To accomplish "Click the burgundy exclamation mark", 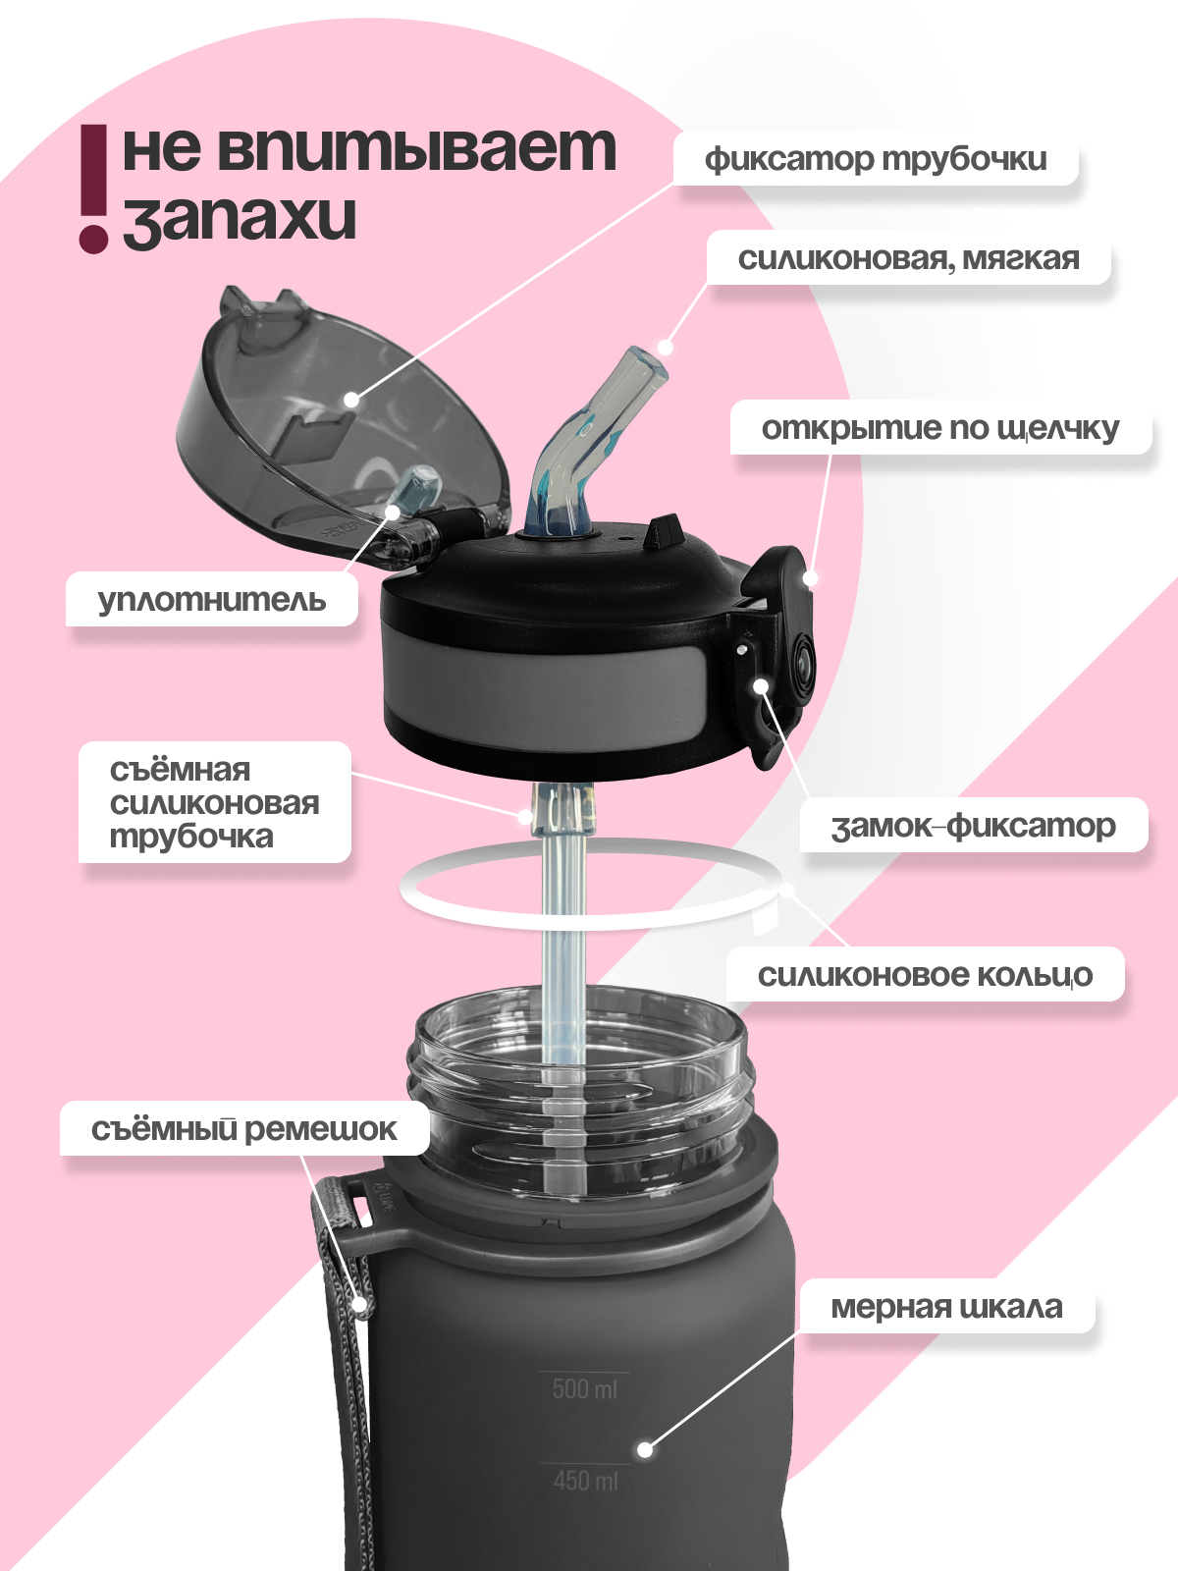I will [93, 187].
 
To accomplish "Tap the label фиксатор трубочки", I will [875, 158].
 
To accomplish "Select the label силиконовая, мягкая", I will [908, 258].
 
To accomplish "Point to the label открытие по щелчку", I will [939, 428].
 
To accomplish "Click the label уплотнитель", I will [211, 599].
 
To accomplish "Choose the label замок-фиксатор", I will [973, 826].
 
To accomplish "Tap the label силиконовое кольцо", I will [925, 975].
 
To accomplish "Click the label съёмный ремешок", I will [243, 1129].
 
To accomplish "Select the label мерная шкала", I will [946, 1307].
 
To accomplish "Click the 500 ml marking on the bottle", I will [584, 1388].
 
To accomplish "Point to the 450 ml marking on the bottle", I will [585, 1480].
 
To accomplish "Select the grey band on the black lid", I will [540, 687].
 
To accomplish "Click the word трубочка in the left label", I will [191, 838].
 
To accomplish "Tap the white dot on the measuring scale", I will [645, 1449].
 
